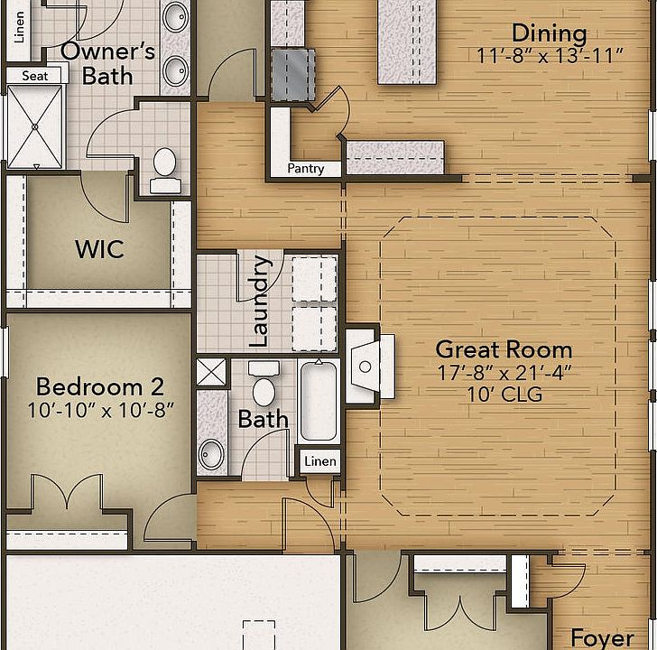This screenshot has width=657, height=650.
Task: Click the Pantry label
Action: click(x=305, y=169)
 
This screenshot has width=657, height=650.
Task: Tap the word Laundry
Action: click(x=259, y=301)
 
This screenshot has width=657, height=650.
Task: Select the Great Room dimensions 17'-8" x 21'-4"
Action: click(x=504, y=373)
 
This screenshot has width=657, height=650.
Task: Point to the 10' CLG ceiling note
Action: click(x=504, y=395)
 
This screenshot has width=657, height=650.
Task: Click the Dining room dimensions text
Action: click(x=550, y=55)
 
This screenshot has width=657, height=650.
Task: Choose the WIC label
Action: click(x=99, y=249)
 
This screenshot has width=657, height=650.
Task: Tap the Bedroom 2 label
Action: click(x=99, y=386)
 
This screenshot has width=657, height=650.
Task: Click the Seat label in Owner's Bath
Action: click(x=35, y=76)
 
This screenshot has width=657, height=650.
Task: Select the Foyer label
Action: click(x=602, y=638)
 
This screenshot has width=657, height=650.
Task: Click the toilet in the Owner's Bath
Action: click(x=165, y=170)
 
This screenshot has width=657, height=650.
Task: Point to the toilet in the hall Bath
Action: click(x=264, y=384)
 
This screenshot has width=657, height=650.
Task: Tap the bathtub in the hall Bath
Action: click(x=319, y=401)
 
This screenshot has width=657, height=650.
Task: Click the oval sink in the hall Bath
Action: click(x=211, y=454)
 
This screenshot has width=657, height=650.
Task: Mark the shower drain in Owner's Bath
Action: click(x=35, y=126)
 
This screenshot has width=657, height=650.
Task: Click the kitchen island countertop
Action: click(x=407, y=42)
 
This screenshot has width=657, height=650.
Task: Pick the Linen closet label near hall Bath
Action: click(x=320, y=461)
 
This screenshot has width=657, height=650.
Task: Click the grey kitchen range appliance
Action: click(x=293, y=75)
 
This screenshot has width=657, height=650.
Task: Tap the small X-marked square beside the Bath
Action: click(x=211, y=372)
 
